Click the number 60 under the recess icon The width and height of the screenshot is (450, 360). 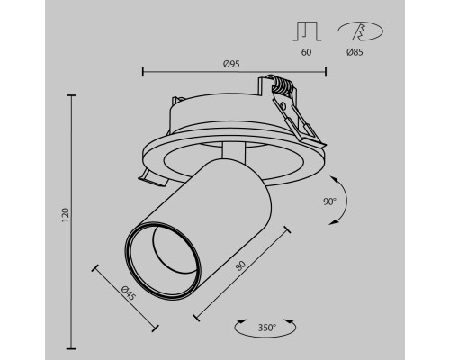(x=306, y=53)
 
